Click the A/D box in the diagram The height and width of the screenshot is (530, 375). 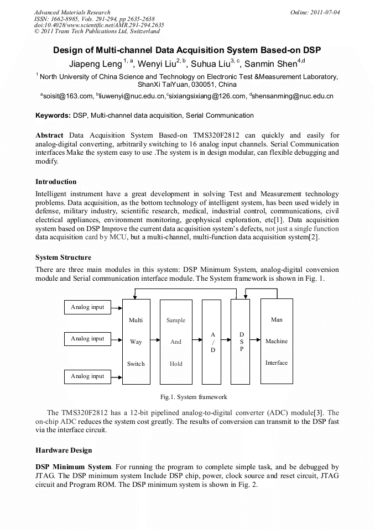(212, 342)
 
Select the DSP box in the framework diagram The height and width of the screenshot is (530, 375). (241, 342)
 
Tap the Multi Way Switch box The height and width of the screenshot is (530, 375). (136, 342)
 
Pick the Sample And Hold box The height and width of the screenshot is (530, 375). (176, 342)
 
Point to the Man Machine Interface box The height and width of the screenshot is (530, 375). (277, 341)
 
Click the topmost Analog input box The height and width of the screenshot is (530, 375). (87, 307)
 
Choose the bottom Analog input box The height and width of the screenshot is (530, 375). (87, 376)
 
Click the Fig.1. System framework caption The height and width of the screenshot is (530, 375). (194, 397)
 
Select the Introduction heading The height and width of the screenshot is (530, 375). (56, 182)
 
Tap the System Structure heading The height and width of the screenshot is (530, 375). (64, 258)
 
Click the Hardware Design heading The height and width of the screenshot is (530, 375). (64, 450)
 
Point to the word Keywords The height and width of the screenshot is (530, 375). (53, 116)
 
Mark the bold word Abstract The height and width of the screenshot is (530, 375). (49, 135)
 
